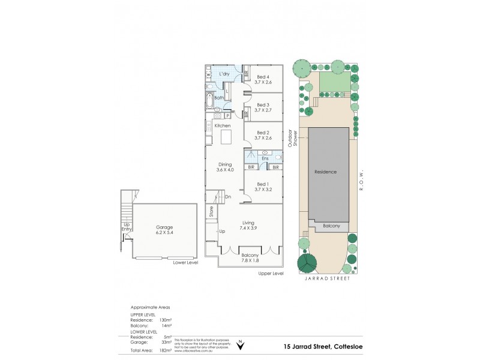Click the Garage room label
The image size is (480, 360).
(164, 227)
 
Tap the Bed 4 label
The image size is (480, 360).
(263, 77)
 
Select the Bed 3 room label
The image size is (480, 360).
(263, 104)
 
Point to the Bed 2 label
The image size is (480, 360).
(263, 133)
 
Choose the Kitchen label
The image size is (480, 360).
(223, 125)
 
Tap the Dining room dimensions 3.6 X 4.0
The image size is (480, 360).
(225, 170)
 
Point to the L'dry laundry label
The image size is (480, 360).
(225, 74)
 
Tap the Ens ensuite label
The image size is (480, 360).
(265, 158)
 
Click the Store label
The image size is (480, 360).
(211, 211)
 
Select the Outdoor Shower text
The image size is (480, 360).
(292, 137)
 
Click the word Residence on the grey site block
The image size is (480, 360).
(326, 172)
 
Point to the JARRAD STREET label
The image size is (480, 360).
(326, 278)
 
